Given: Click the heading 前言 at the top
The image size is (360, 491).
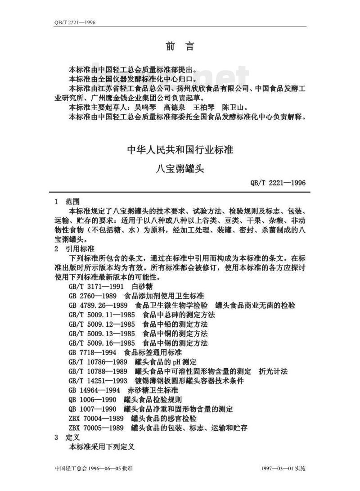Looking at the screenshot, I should tap(180, 46).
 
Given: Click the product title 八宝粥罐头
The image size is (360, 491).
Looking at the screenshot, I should tap(180, 169).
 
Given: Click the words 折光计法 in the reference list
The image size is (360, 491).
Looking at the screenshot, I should tap(273, 371).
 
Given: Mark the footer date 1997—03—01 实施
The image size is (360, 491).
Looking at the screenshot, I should tap(283, 468).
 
